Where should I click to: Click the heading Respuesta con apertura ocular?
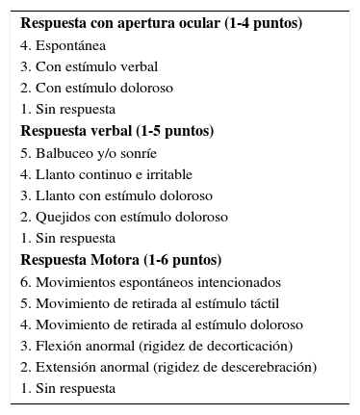coord(161,23)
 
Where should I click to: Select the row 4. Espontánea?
coord(63,45)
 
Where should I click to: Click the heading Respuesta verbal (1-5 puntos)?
coord(116,131)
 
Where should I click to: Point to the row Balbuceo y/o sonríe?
coord(88,153)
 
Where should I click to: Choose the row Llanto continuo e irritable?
coord(106,174)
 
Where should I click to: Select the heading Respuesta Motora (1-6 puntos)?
coord(120,260)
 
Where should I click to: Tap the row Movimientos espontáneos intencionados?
coord(150,282)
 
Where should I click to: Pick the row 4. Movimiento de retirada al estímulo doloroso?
coord(161,324)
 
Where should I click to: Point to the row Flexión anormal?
coord(156,346)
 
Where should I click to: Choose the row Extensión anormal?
coord(168,368)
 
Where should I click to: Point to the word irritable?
coord(167,174)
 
